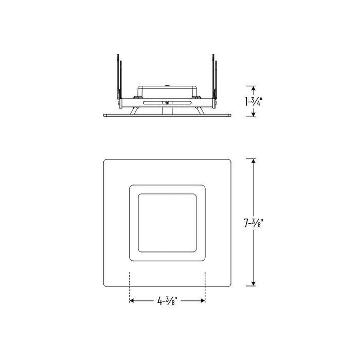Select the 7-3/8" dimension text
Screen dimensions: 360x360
click(254, 223)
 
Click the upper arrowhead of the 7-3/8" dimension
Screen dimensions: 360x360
click(254, 162)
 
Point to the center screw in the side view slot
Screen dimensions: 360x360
click(167, 102)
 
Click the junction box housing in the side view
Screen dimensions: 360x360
click(167, 92)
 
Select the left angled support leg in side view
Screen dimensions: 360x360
click(134, 110)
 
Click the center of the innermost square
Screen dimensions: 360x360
click(167, 223)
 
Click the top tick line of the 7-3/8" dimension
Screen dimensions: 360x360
click(254, 158)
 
